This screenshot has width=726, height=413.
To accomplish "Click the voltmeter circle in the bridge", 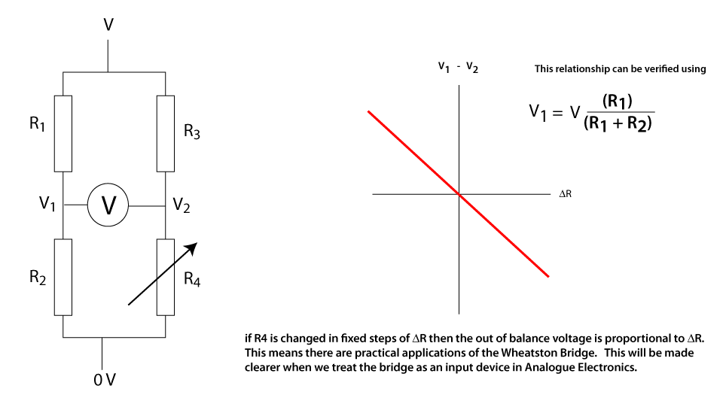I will click(109, 205).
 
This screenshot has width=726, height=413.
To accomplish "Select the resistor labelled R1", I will click(63, 133).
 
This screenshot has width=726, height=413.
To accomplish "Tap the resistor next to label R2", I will click(63, 277).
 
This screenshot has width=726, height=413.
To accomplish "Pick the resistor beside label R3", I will click(166, 133).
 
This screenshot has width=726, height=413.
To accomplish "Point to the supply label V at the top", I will click(108, 26).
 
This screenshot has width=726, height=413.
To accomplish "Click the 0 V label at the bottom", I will click(105, 379).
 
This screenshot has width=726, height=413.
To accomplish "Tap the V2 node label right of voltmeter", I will click(181, 205).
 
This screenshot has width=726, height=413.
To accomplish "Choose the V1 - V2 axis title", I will click(459, 68).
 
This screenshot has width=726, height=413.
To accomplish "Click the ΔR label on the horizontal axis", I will click(566, 194).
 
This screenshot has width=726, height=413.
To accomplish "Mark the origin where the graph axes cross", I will click(459, 194).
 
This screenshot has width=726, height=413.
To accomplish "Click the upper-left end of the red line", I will click(369, 111).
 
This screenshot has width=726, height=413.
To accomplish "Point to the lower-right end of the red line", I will click(548, 276).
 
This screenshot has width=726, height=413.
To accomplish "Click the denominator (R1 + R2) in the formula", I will click(617, 123).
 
